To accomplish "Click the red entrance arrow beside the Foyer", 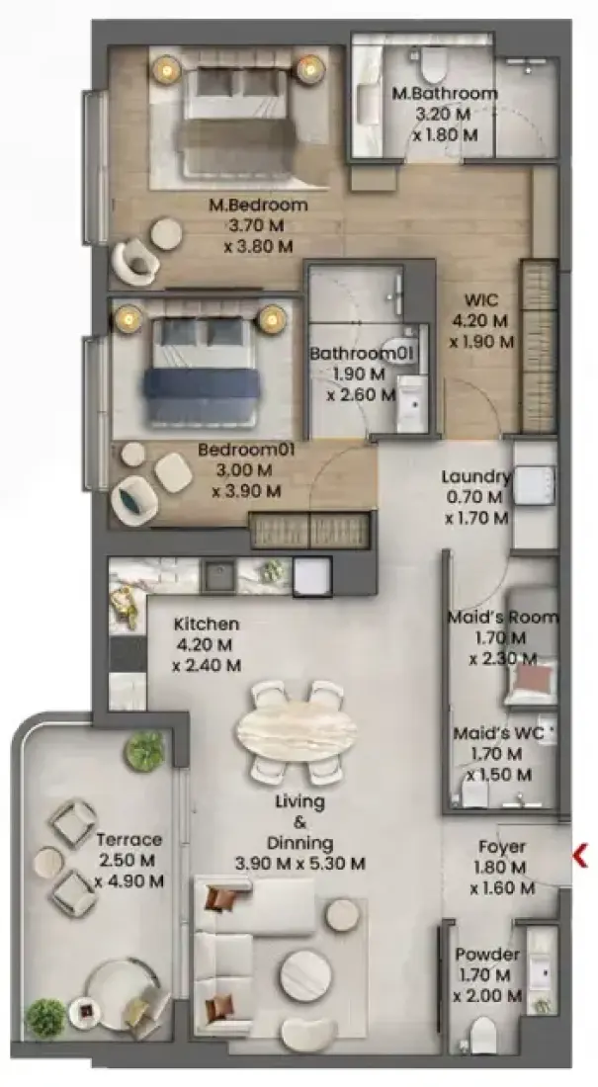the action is tap(580, 856).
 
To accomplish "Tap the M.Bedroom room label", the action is tap(258, 206).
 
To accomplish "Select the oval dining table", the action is tap(297, 730).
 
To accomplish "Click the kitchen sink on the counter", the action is tap(218, 576).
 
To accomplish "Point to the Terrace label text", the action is tap(129, 840).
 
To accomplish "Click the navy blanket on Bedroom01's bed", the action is tap(202, 383).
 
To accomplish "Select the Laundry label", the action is tap(475, 477).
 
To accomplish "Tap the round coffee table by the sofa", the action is tap(305, 975).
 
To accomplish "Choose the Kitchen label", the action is tap(206, 624).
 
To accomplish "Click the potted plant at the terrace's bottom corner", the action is tap(45, 1018).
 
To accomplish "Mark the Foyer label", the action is tap(501, 847).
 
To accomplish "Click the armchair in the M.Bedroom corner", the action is tap(135, 261).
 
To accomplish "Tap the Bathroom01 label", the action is tap(362, 354).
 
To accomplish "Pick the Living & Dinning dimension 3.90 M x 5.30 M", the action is tap(299, 864).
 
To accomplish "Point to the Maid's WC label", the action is tap(498, 733).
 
